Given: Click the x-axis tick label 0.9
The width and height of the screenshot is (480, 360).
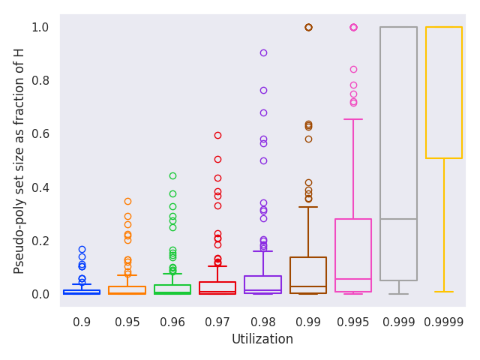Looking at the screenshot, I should (82, 322).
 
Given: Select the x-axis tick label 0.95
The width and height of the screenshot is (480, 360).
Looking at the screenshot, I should (127, 322).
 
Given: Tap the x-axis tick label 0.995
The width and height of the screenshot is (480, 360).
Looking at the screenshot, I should (353, 322).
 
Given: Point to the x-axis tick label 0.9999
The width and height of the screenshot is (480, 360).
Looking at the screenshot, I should (444, 322).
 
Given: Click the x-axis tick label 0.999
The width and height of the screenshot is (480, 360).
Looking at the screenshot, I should (398, 322).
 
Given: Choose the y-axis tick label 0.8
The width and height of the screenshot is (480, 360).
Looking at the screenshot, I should (40, 81).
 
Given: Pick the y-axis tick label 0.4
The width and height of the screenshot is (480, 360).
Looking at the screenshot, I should (40, 187).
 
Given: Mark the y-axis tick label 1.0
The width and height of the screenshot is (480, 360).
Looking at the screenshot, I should (40, 28).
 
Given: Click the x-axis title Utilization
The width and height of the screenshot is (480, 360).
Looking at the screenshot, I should (262, 340).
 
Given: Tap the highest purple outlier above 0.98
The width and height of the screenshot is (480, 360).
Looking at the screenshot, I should (263, 52).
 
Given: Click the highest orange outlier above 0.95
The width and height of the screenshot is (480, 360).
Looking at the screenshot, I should (127, 201).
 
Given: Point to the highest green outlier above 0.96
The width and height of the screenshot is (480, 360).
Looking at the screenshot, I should (172, 175).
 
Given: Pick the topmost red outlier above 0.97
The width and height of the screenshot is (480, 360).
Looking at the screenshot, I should (217, 135).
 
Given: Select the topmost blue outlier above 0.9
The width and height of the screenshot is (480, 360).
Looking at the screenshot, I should (82, 249).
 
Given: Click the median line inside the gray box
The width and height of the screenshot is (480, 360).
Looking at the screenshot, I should (398, 219).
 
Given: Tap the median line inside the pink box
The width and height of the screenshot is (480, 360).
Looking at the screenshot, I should (353, 279).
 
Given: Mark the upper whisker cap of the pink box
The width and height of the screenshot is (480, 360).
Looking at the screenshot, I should (353, 118).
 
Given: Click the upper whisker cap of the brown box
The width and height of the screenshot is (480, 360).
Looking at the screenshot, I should (308, 207).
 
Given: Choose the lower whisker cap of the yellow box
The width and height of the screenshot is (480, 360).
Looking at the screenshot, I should (444, 292).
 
